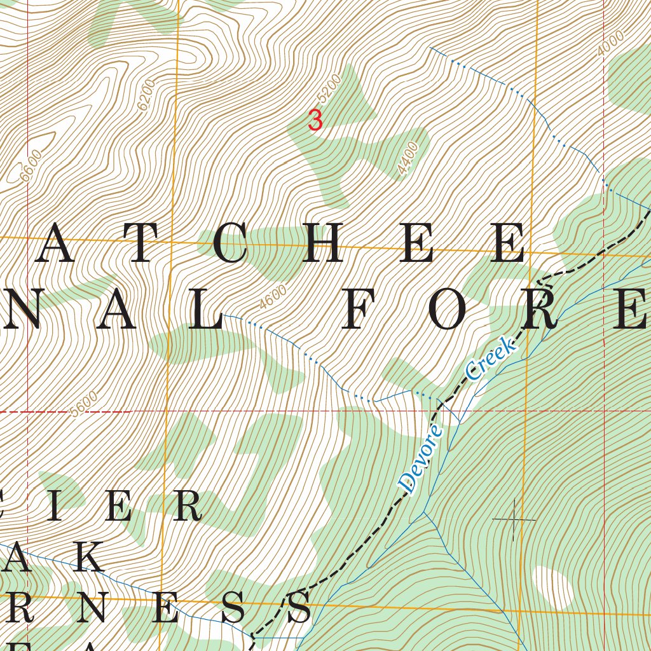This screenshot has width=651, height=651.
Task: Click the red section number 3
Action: pos(315,120)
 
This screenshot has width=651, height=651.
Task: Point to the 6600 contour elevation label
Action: pos(31,166)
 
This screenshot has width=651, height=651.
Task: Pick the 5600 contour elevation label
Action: pos(85,406)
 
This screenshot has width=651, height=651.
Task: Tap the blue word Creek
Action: pos(490,360)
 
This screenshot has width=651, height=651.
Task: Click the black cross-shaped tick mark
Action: pos(514,519)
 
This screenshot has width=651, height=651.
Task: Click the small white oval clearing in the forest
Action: pos(554,586)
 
